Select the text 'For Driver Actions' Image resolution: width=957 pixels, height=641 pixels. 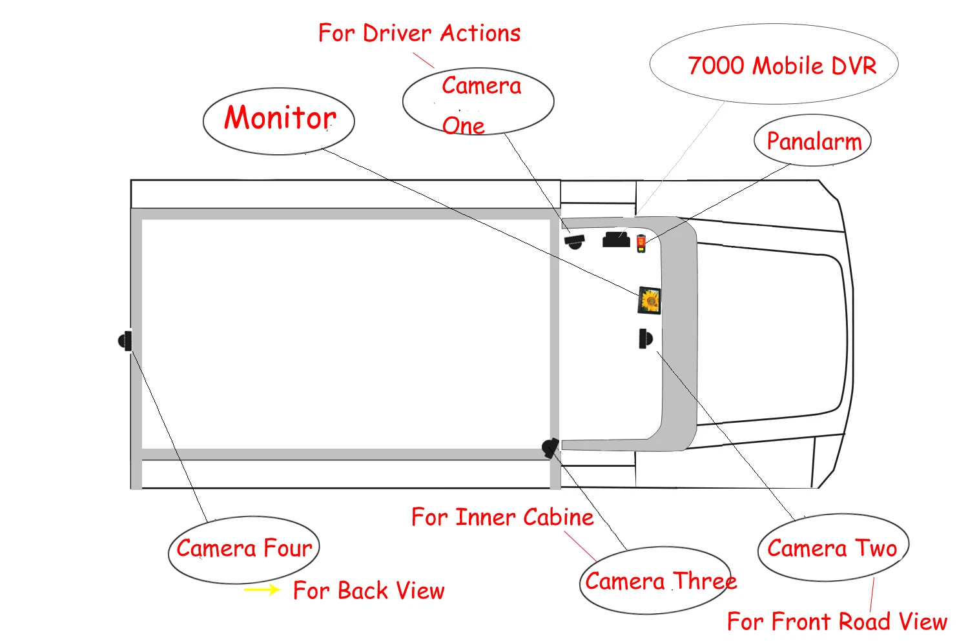[419, 34]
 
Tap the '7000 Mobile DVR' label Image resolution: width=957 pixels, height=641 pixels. [781, 66]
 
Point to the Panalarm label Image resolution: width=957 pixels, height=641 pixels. [813, 141]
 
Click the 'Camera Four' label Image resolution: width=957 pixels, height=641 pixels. [244, 549]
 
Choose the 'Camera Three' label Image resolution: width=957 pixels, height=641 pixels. [660, 582]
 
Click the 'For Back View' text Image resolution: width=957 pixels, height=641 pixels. [369, 591]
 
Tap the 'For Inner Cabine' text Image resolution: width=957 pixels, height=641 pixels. [502, 517]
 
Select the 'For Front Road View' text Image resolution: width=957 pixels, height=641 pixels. [836, 622]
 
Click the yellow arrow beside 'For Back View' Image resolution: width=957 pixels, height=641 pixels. [262, 589]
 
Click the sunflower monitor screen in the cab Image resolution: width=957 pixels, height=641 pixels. [650, 301]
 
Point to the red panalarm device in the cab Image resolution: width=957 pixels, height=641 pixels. [641, 244]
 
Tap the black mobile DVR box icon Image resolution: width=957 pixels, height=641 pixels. [616, 240]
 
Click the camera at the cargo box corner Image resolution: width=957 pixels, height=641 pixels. [550, 448]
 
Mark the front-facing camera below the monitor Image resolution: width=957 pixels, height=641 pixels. [645, 338]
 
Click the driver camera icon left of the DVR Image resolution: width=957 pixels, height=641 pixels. [574, 241]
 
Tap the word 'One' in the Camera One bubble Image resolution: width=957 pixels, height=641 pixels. [464, 126]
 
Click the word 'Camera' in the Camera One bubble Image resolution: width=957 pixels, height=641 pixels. [481, 86]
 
